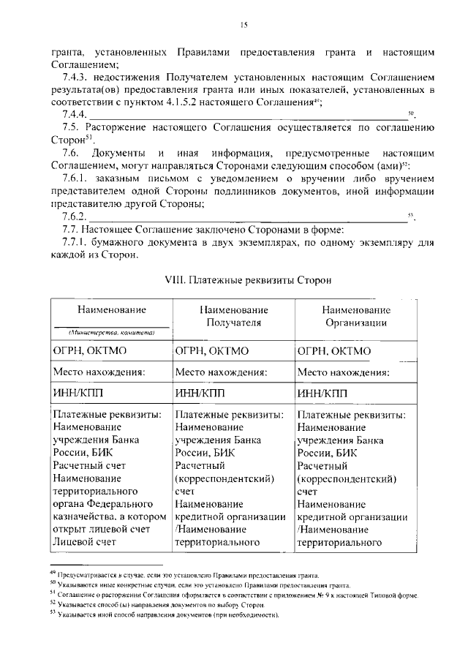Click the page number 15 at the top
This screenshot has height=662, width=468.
click(245, 25)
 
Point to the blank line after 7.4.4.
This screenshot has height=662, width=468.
click(249, 116)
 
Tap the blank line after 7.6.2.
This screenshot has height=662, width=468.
click(249, 217)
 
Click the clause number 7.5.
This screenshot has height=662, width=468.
click(71, 127)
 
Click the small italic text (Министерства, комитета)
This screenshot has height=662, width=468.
click(110, 332)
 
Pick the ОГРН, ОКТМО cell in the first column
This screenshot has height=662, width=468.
click(88, 351)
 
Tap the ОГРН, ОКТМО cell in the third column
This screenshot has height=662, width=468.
click(334, 351)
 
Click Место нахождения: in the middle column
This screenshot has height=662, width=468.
click(220, 372)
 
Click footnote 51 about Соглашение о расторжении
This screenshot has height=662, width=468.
click(234, 596)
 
